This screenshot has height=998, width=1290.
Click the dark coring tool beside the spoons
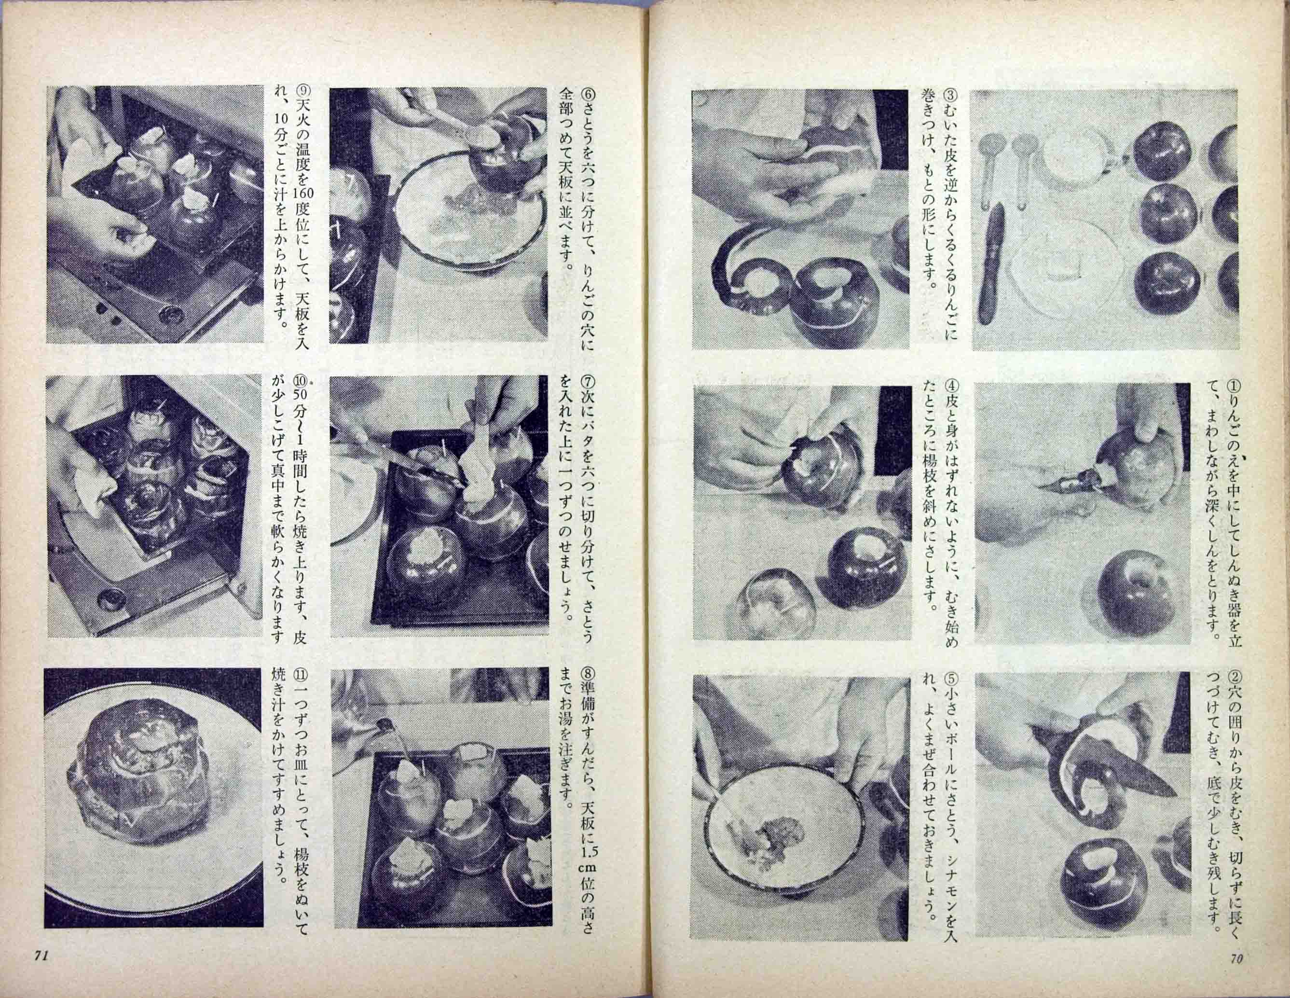[x=995, y=271]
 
